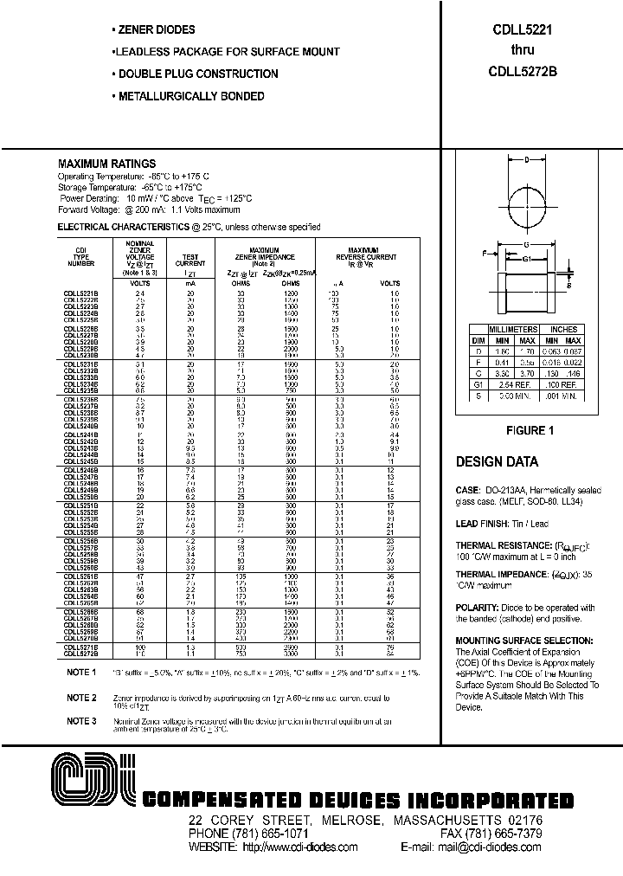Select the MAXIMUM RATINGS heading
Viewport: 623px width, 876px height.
tap(106, 164)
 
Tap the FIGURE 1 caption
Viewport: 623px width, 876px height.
tap(529, 430)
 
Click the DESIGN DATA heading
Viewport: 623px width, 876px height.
tap(497, 461)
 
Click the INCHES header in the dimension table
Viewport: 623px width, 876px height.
tap(563, 329)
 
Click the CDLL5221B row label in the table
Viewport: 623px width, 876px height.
tap(81, 293)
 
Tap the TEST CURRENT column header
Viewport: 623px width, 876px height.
tap(191, 261)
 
